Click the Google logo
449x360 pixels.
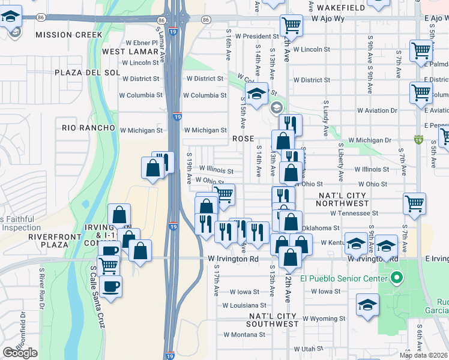coord(20,353)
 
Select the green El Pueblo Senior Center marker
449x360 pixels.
coord(396,278)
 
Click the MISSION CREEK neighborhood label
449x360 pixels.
coord(68,35)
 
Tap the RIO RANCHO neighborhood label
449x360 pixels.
coord(88,128)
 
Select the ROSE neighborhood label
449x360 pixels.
coord(244,138)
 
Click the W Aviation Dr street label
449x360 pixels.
coord(377,110)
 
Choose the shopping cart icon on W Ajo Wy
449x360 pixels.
coord(291,26)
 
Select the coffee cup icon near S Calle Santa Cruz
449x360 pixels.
coord(111,285)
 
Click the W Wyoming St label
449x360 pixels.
coord(324,319)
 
